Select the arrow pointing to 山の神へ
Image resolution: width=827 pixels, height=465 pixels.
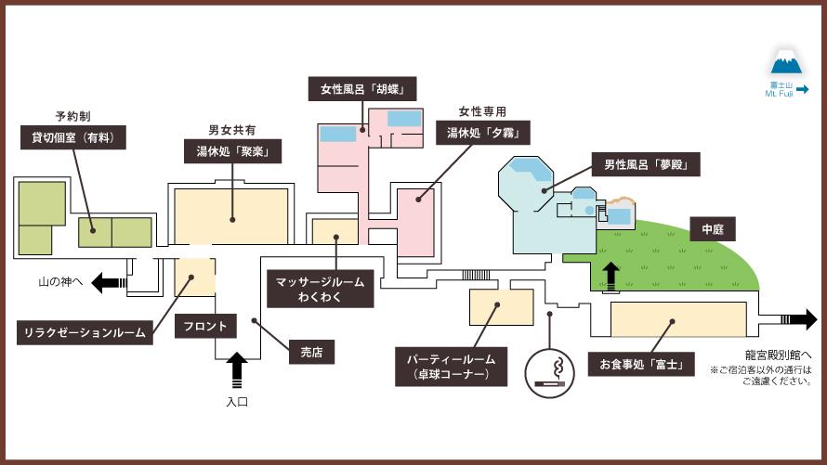point(110,284)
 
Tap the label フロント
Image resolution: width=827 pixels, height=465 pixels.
point(203,326)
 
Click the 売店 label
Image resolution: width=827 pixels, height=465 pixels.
point(310,353)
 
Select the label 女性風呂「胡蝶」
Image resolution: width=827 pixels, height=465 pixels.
point(361,89)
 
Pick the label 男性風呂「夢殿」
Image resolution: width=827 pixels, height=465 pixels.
point(645,166)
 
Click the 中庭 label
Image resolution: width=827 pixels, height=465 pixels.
point(712,226)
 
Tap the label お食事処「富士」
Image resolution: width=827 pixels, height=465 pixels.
point(640,365)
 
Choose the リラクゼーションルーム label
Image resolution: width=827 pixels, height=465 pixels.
point(85,332)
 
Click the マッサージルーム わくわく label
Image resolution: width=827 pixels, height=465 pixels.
point(320,289)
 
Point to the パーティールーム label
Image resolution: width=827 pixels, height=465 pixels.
point(452,367)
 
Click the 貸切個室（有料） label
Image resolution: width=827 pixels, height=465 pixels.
point(72,138)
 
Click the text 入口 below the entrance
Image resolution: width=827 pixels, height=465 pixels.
point(237,403)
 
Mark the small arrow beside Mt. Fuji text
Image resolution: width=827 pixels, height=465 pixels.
point(802,90)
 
